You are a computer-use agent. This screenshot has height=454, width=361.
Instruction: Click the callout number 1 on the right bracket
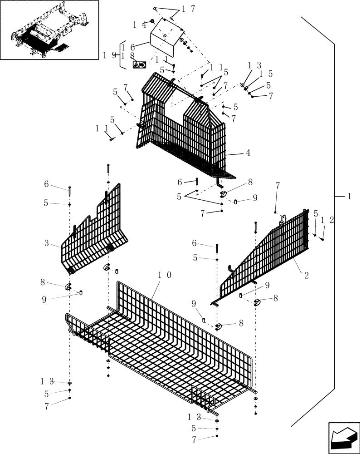pos(349,197)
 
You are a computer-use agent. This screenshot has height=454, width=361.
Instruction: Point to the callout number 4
pos(248,153)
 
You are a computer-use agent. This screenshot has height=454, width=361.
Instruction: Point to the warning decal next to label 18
pos(139,65)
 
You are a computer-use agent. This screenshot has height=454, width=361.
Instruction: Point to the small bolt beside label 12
pos(322,238)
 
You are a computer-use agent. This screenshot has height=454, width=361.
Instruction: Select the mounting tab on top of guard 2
pos(282,220)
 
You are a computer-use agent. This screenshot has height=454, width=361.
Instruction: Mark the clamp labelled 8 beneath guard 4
pos(224,194)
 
